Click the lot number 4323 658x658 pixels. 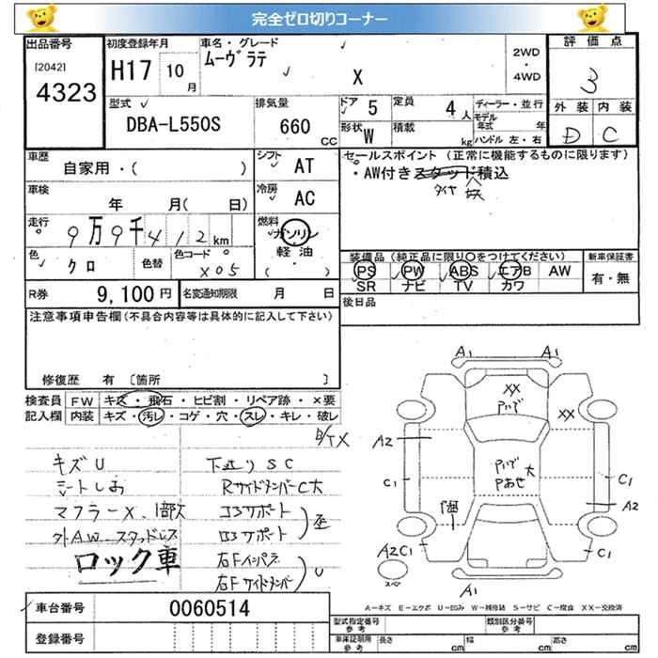pos(63,92)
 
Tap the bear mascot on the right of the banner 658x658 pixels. pos(591,18)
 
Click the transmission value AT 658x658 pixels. pos(304,166)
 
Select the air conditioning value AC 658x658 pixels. pos(304,198)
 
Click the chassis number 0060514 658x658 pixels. pos(210,608)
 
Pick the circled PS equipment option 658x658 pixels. pos(365,271)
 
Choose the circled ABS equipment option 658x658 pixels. pos(462,271)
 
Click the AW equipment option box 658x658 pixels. pos(559,271)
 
